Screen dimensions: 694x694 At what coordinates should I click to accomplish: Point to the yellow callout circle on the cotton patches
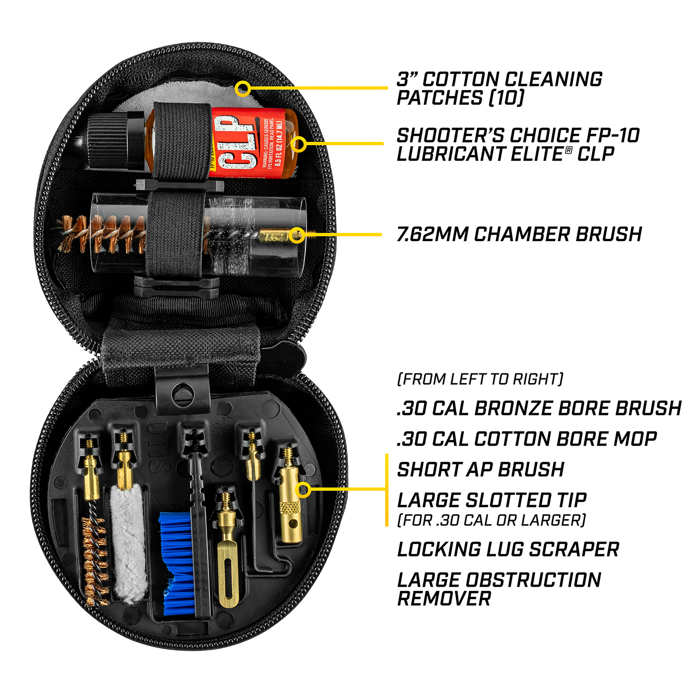pos(242,88)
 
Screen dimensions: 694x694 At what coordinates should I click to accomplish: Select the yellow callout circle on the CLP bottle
pos(299,144)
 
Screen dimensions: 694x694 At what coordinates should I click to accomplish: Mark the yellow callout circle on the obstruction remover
pos(303,490)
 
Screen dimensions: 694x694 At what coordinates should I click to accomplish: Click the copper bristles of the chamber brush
pos(102,234)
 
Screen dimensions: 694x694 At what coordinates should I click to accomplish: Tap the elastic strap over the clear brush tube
pos(176,234)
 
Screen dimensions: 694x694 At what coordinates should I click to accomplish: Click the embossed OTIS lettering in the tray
pos(157,446)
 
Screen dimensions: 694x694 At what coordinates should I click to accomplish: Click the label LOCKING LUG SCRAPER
pos(508,550)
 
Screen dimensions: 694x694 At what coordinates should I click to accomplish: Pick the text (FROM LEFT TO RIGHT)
pos(480,379)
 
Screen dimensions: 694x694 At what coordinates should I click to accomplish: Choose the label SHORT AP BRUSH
pos(480,470)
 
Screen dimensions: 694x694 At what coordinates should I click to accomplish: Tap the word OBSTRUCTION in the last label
pos(533,580)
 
